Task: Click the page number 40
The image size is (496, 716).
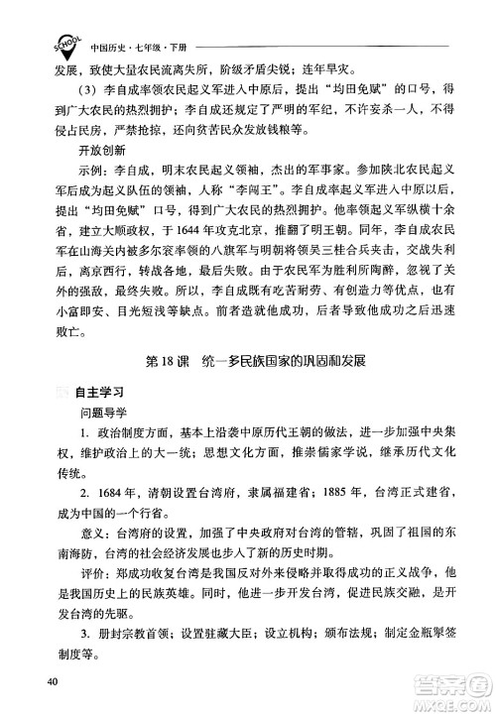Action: [x=46, y=680]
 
